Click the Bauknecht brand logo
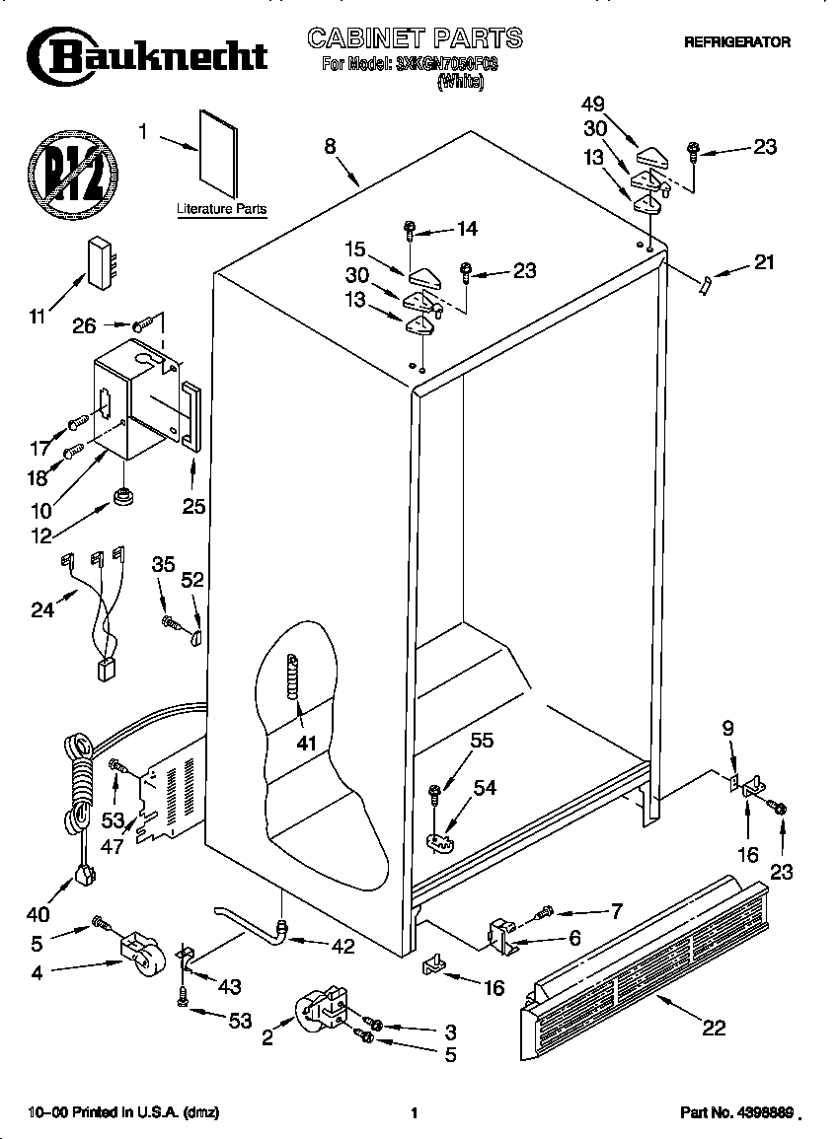click(148, 55)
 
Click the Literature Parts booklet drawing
click(218, 151)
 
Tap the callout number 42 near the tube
click(342, 948)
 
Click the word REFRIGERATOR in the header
click(737, 42)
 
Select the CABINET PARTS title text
click(416, 38)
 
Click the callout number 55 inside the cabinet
click(482, 740)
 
